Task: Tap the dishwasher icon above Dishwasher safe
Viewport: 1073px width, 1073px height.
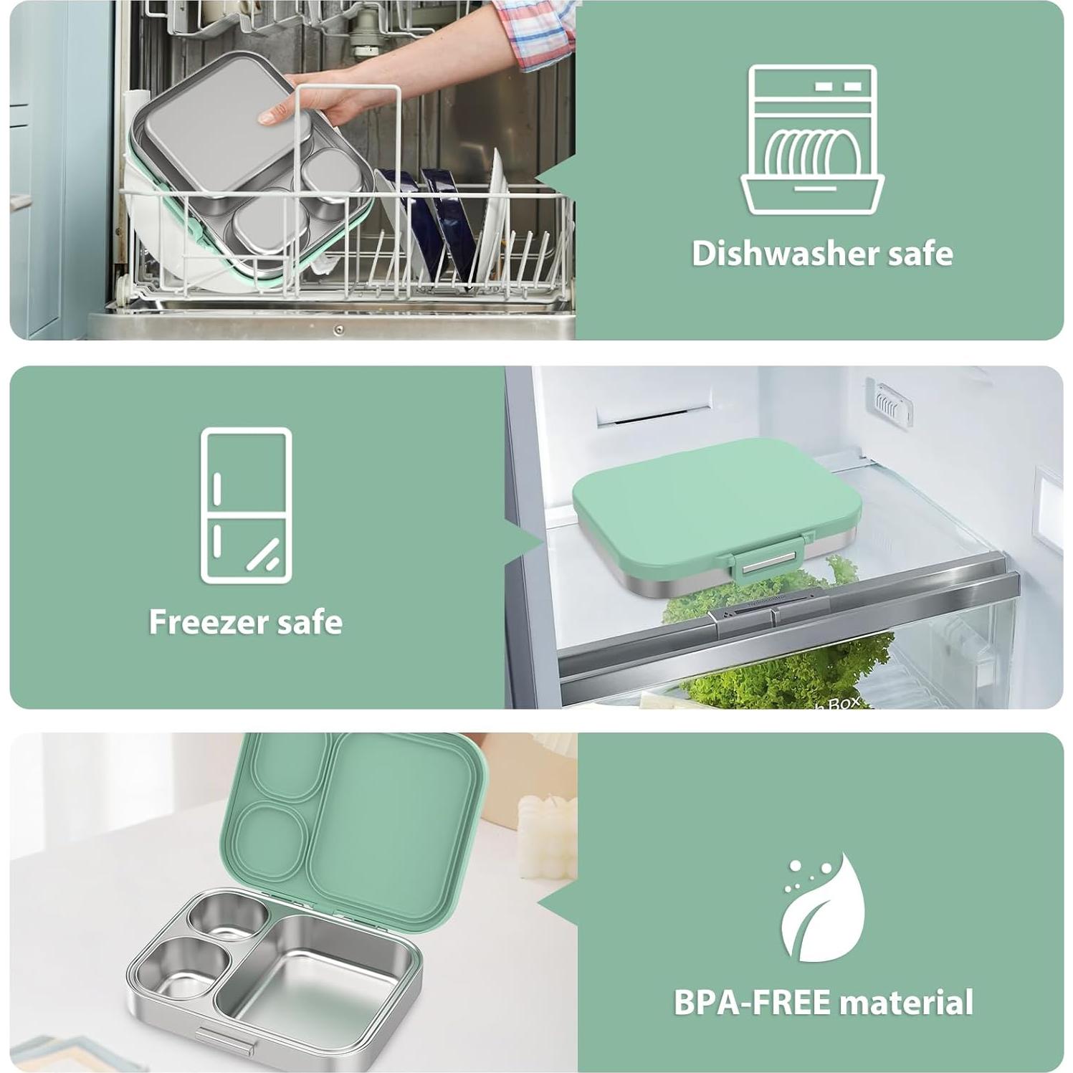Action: pos(812,140)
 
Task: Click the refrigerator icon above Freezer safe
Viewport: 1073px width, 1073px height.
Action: pos(246,505)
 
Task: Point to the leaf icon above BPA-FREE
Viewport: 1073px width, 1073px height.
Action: pos(822,908)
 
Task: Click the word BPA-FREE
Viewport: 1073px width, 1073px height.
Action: pos(752,1002)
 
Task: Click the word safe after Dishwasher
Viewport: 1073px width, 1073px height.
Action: pos(920,254)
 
